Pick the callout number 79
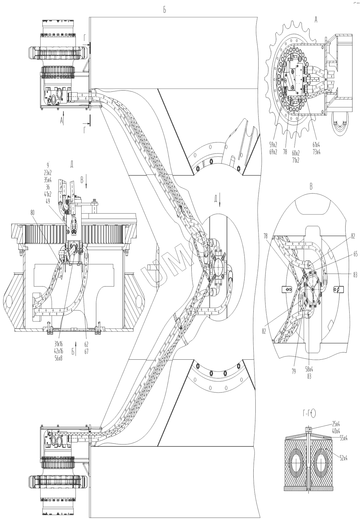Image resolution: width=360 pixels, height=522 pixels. pos(294,371)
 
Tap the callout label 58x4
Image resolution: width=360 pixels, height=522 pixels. pos(309,369)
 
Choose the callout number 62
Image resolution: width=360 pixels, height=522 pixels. pos(86,344)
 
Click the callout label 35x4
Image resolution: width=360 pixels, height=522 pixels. pos(48,180)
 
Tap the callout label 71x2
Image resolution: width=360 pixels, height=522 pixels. pos(295,160)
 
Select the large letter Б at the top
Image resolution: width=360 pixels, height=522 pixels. pos(165,10)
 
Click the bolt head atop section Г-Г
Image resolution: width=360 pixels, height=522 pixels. pos(309,429)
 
